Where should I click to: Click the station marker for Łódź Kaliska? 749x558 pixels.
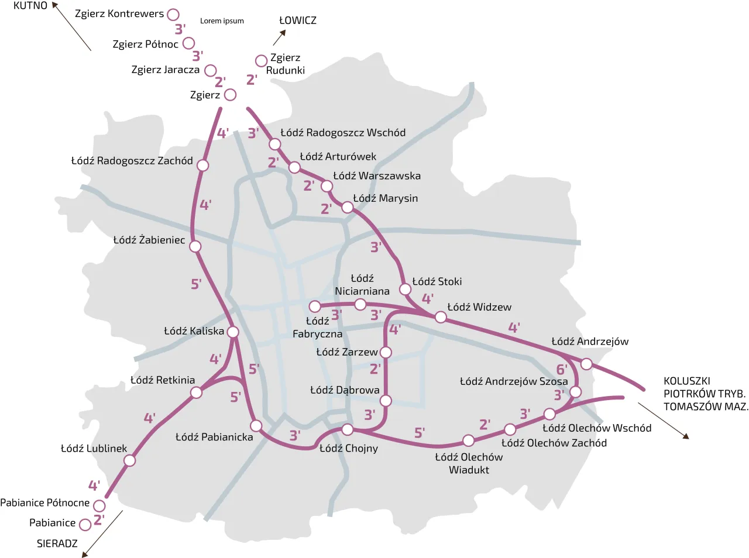(x=232, y=332)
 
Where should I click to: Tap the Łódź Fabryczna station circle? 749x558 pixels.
(x=315, y=306)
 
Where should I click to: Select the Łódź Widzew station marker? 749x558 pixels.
(x=441, y=317)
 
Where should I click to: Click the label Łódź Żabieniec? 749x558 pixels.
(x=149, y=240)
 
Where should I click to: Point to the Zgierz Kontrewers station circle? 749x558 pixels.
(x=173, y=14)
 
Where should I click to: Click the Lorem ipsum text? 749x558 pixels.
(x=222, y=21)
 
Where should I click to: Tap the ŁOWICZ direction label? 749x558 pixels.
(x=297, y=20)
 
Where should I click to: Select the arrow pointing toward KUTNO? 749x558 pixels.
(x=71, y=26)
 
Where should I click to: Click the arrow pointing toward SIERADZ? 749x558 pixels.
(x=102, y=533)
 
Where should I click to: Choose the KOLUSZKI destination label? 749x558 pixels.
(x=686, y=381)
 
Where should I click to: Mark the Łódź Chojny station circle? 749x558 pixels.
(x=347, y=430)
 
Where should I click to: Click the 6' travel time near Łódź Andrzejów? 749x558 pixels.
(x=562, y=369)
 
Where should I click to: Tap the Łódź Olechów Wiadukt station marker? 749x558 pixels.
(x=468, y=440)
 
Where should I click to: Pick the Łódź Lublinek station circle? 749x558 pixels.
(x=130, y=460)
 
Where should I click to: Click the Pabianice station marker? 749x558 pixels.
(x=85, y=525)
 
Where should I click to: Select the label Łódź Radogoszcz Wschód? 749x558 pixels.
(x=342, y=133)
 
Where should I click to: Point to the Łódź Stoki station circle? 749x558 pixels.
(x=405, y=289)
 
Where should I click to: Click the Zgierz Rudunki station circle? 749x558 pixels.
(x=261, y=61)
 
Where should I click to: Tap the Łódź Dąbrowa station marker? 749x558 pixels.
(x=386, y=401)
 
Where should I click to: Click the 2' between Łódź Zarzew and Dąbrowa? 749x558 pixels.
(x=375, y=369)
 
